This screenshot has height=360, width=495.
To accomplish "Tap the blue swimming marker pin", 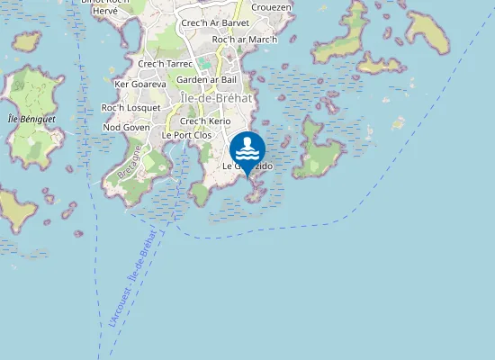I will (x=247, y=149).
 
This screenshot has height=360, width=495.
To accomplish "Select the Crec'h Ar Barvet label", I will (x=215, y=22).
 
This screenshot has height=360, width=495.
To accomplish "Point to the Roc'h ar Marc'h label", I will (x=245, y=40).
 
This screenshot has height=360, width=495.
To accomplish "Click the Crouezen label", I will (x=272, y=6).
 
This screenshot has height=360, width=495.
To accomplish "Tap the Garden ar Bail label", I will (x=206, y=80).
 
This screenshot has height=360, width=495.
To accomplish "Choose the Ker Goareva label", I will (x=141, y=84).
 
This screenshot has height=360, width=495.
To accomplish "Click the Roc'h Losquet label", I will (x=130, y=108).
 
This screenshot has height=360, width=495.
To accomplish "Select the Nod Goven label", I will (x=126, y=128).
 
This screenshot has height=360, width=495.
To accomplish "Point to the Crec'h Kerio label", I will (x=205, y=121).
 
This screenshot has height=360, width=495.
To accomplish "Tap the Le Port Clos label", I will (x=186, y=135).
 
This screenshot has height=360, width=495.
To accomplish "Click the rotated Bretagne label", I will (x=130, y=161).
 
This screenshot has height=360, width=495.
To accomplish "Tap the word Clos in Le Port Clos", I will (x=202, y=135).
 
